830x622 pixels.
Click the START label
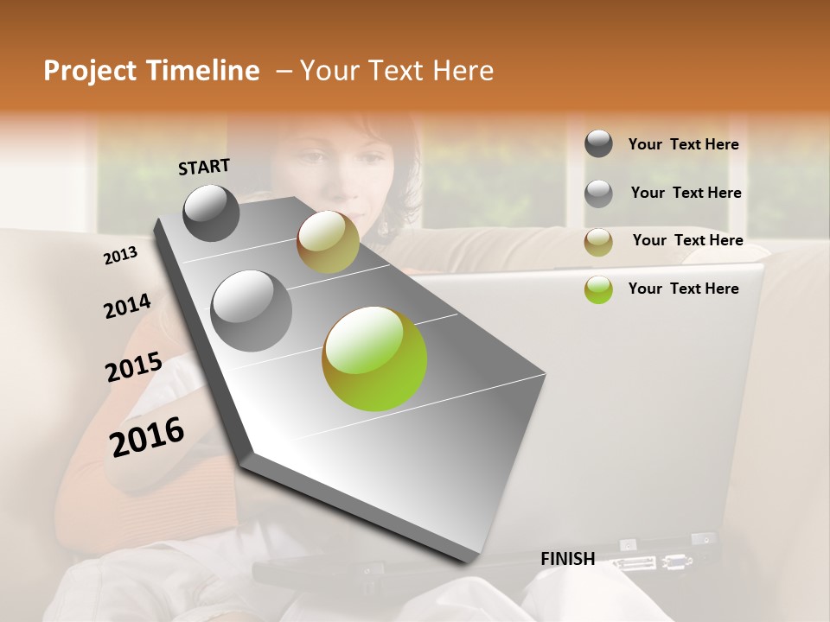204,166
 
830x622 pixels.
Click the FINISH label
567,559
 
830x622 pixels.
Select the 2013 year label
120,255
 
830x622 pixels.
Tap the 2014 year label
127,306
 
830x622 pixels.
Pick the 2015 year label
133,367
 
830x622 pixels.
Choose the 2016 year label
147,436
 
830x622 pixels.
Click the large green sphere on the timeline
374,359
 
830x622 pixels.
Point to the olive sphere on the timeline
328,242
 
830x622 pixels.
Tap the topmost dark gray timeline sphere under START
211,213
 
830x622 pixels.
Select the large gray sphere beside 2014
251,310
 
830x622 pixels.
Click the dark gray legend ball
598,143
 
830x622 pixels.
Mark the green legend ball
598,289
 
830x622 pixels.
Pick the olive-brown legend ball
598,242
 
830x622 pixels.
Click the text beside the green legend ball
683,289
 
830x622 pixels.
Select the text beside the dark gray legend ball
683,144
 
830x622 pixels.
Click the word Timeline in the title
202,71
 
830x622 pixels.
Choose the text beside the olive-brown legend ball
687,240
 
